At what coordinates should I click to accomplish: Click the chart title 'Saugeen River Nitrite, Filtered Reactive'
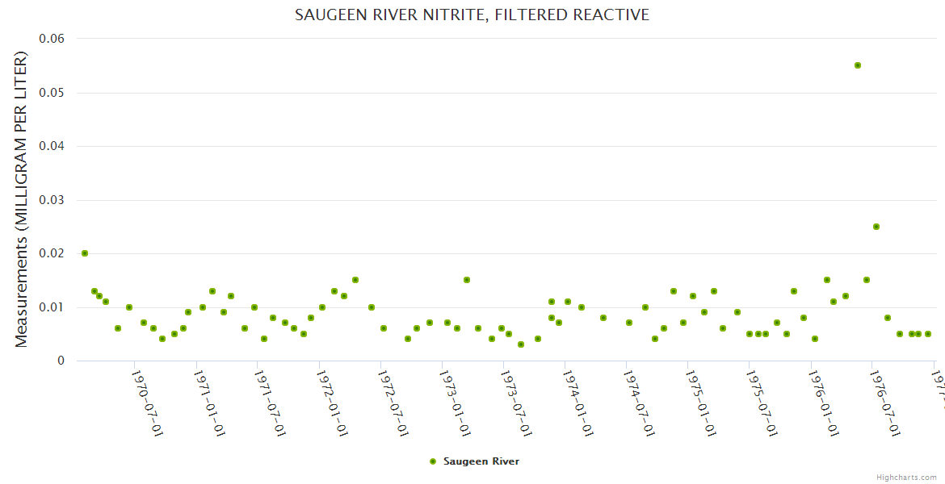click(x=472, y=15)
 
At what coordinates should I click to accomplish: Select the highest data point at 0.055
click(x=858, y=65)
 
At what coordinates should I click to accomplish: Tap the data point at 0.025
click(x=876, y=227)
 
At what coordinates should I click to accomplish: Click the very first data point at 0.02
click(x=85, y=253)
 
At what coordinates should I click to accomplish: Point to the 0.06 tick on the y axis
click(x=52, y=39)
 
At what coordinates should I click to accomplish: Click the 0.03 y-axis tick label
click(x=52, y=200)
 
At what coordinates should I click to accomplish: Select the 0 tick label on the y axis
click(x=61, y=361)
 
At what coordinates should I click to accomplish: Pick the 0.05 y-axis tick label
click(x=52, y=93)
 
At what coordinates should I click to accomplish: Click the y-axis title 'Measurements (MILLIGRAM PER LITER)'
click(x=22, y=199)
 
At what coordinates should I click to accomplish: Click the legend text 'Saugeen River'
click(x=481, y=461)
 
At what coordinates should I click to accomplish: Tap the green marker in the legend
click(x=433, y=461)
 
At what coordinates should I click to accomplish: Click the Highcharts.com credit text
click(x=906, y=477)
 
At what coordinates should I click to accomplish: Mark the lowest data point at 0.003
click(x=521, y=344)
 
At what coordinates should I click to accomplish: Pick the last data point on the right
click(x=928, y=334)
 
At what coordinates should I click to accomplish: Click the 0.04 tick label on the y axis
click(x=52, y=146)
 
